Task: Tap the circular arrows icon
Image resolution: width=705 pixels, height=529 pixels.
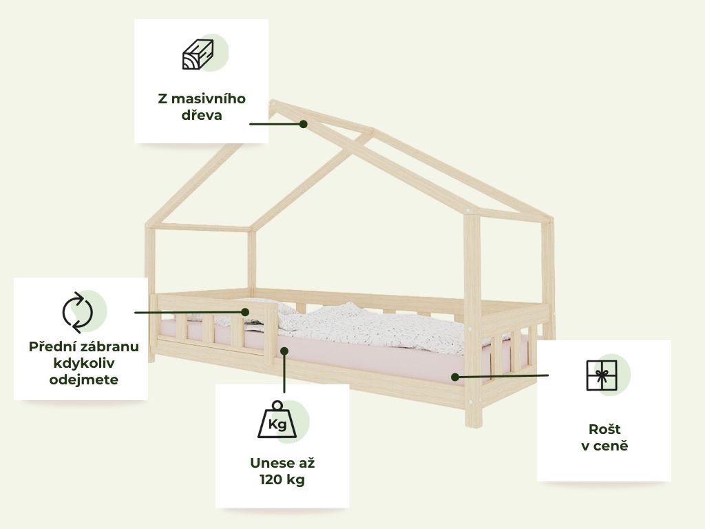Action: [77, 312]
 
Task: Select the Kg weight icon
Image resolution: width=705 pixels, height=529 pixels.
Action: [277, 421]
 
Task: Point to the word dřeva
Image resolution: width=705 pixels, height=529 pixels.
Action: [201, 115]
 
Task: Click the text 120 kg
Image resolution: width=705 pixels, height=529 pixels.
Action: [282, 479]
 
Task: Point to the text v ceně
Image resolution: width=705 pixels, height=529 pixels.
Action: [604, 446]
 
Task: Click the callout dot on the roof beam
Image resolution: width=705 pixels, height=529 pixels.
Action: [303, 124]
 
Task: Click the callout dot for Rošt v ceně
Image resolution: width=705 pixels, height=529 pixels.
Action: [455, 377]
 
